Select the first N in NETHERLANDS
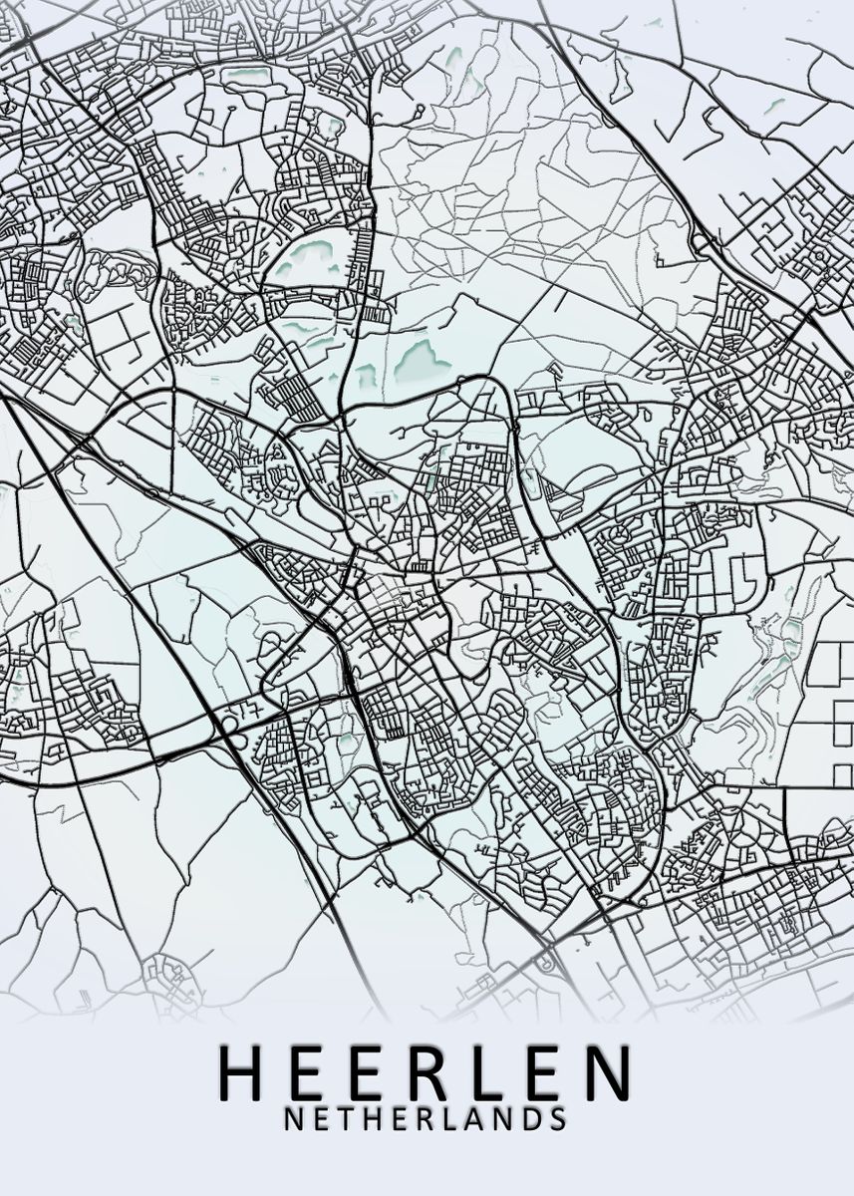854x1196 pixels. click(293, 1118)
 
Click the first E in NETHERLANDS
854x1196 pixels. click(319, 1118)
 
